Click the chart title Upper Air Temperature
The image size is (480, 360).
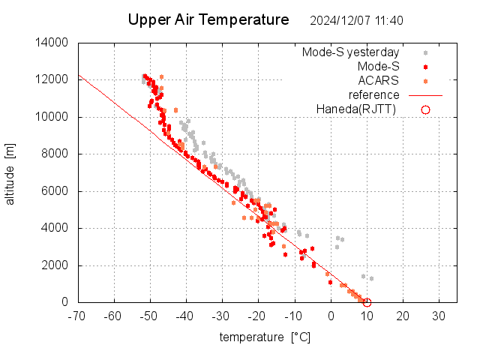(208, 19)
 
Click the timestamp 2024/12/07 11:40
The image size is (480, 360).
(356, 20)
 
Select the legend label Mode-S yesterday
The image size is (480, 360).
(350, 52)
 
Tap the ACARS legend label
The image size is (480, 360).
(379, 80)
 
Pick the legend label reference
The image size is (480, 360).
(374, 94)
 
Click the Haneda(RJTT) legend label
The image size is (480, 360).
(355, 109)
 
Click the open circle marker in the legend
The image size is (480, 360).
(425, 109)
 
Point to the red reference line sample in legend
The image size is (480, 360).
(425, 95)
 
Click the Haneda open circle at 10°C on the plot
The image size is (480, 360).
(367, 302)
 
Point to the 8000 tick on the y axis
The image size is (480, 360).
(56, 154)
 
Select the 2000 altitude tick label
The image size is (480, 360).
(56, 265)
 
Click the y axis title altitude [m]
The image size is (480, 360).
(10, 173)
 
